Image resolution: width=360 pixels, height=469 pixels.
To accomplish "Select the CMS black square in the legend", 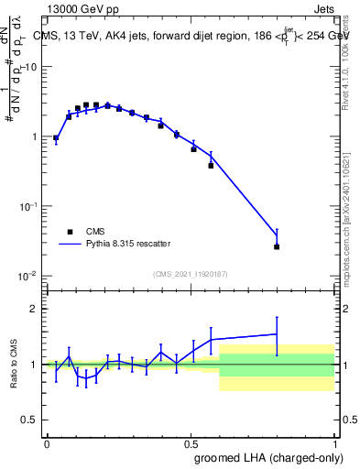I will pyautogui.click(x=70, y=232).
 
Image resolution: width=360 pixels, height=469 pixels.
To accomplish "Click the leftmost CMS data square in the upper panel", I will pyautogui.click(x=56, y=138).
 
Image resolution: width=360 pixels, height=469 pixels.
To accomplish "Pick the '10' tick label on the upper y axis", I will pyautogui.click(x=31, y=67).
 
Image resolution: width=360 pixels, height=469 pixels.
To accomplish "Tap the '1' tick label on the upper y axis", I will pyautogui.click(x=35, y=136).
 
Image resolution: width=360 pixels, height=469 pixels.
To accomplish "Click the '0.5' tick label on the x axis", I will pyautogui.click(x=191, y=442).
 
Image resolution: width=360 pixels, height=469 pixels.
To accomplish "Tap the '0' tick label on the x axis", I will pyautogui.click(x=47, y=442).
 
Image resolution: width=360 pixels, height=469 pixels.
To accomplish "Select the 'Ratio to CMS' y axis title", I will pyautogui.click(x=13, y=364).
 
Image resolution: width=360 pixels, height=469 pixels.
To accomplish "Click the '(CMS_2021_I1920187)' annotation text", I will pyautogui.click(x=191, y=273).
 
